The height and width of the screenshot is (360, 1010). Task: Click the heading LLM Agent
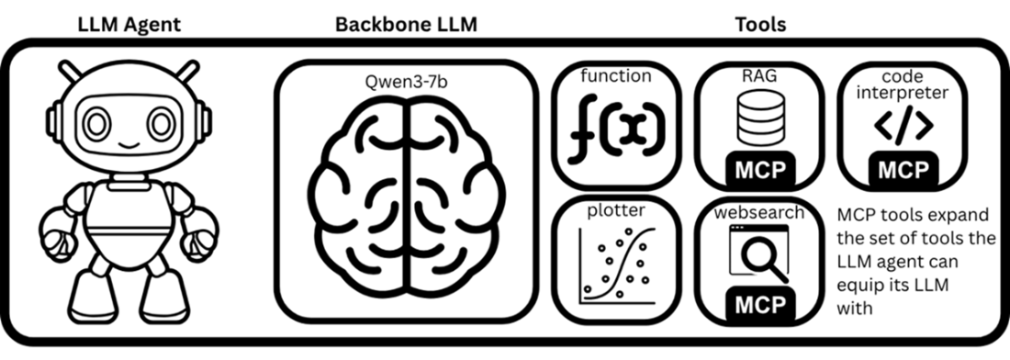[x=129, y=25]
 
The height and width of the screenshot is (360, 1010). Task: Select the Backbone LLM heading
[x=407, y=25]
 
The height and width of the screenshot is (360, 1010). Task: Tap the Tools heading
[x=760, y=25]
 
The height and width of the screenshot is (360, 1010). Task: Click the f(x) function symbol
[x=616, y=131]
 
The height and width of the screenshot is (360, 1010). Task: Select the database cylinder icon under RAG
[x=761, y=118]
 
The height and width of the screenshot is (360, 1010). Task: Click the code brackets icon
[x=903, y=126]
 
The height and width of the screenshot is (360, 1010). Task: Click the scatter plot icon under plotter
[x=616, y=264]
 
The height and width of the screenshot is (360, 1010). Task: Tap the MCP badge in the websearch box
[x=760, y=305]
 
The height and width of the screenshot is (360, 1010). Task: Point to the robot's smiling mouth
[x=129, y=144]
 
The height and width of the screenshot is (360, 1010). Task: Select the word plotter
[x=616, y=210]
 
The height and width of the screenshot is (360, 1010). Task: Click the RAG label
[x=759, y=76]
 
